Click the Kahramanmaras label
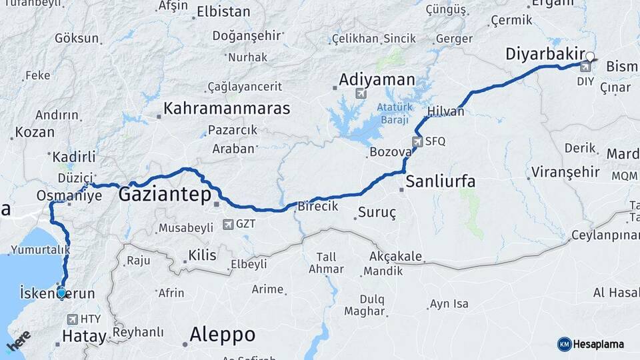click(227, 108)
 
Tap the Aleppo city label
click(222, 334)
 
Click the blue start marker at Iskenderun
click(62, 292)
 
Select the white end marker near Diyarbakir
click(589, 57)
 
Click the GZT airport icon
click(229, 224)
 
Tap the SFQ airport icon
click(417, 141)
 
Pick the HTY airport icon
click(72, 319)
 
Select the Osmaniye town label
click(69, 195)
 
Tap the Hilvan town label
click(445, 111)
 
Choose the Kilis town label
click(203, 255)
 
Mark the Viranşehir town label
click(565, 172)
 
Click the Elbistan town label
click(223, 12)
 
